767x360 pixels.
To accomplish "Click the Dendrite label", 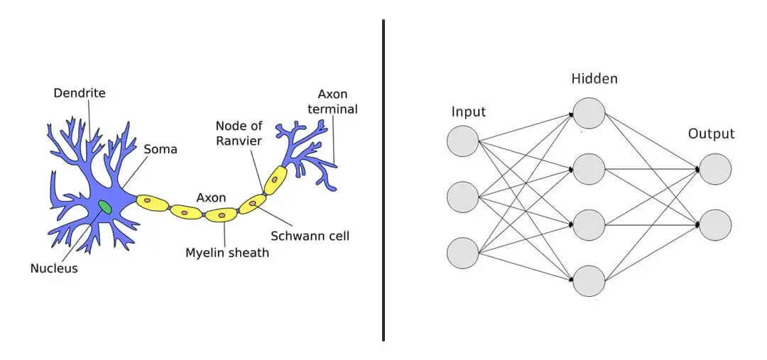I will pos(79,92).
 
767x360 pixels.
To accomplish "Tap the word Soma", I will pos(160,149).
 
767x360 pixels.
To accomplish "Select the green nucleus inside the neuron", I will pos(105,207).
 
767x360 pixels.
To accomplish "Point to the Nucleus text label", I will pos(54,268).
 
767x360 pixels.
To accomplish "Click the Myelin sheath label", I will pos(227,252).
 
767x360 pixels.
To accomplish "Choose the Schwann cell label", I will pos(310,235).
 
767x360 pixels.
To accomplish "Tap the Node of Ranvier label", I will pos(239,133).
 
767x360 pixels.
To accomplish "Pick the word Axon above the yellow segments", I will pos(211,197).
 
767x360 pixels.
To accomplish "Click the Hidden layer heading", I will pos(594,79).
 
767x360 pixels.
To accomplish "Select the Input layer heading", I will pos(469,111).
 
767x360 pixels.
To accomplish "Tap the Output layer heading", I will pos(711,133).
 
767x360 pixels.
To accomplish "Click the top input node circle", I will pos(463,140).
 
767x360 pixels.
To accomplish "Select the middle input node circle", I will pos(463,197).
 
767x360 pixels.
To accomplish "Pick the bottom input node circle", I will pos(463,253).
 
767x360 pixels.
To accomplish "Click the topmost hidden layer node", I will pos(589,113).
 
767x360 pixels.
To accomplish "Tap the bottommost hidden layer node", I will pos(589,280).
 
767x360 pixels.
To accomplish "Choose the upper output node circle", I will pos(715,169).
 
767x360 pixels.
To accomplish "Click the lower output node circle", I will pos(715,224).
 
